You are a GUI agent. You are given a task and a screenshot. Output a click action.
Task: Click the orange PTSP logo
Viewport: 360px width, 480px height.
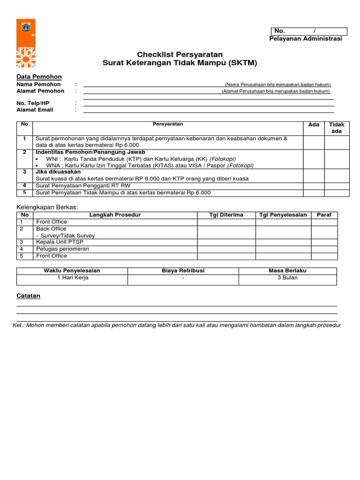tap(25, 43)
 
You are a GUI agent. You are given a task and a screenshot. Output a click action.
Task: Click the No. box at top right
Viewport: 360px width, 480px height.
tap(307, 31)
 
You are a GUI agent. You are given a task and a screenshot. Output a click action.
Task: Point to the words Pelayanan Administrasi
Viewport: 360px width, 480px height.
tap(305, 39)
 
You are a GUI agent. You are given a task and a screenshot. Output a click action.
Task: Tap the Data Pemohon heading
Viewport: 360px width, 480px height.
tap(39, 77)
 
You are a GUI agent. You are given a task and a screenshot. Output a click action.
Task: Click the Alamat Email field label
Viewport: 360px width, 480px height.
tap(35, 110)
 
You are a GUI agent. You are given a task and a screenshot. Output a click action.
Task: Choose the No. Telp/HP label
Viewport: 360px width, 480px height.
tap(33, 103)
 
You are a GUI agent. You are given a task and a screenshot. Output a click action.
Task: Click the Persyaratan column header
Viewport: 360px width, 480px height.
tap(168, 124)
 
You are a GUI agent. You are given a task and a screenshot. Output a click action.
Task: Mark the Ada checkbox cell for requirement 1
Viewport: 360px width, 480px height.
tap(314, 142)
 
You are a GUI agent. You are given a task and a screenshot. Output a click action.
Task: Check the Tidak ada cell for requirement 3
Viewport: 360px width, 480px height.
tap(337, 175)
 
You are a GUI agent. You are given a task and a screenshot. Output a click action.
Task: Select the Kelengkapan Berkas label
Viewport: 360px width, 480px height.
tap(47, 207)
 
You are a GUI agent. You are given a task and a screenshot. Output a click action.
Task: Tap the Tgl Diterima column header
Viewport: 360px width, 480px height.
tap(226, 215)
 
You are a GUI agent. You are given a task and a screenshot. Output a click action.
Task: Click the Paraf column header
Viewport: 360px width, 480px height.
tap(324, 215)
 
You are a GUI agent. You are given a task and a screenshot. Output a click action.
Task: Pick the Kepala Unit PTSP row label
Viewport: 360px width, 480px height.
tap(56, 242)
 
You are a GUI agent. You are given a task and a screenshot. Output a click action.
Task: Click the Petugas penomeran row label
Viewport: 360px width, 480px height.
tap(56, 249)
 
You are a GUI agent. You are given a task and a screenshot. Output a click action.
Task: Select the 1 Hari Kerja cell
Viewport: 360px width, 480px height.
tap(73, 278)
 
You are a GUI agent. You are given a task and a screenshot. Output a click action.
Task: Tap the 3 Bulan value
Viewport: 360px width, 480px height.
tap(287, 278)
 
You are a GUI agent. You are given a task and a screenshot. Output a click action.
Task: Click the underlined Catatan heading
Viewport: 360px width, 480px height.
tap(28, 296)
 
